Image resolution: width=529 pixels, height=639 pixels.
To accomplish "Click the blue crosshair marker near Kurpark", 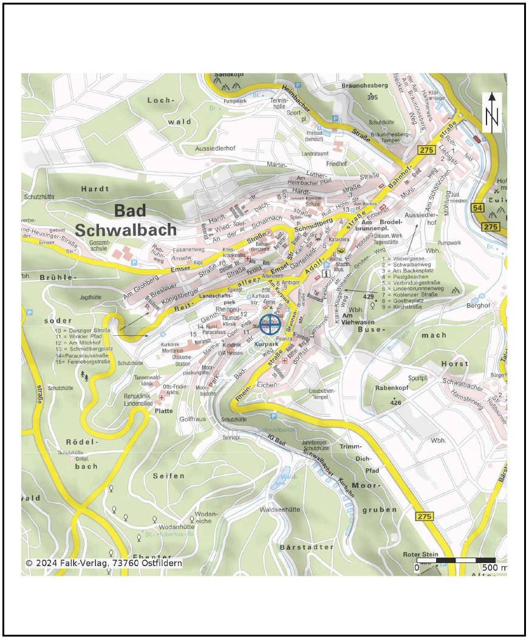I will pyautogui.click(x=270, y=324).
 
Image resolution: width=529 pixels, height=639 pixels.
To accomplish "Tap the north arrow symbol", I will pyautogui.click(x=492, y=112).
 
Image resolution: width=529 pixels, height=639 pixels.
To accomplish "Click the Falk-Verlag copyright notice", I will pyautogui.click(x=104, y=563).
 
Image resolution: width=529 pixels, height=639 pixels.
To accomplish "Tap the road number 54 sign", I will pyautogui.click(x=478, y=209).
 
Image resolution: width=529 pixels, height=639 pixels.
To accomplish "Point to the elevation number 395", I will pyautogui.click(x=372, y=97).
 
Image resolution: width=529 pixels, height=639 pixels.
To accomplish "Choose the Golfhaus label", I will pyautogui.click(x=194, y=419).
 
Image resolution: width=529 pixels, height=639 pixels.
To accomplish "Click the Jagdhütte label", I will pyautogui.click(x=90, y=298).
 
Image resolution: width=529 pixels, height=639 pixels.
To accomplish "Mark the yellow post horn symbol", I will pyautogui.click(x=342, y=249).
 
